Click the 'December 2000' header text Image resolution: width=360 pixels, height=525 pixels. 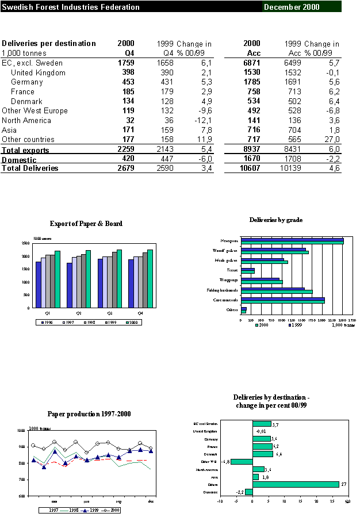[292, 7]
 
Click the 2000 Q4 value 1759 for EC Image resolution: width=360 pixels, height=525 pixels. [125, 63]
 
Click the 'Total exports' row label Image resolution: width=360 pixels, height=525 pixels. [25, 150]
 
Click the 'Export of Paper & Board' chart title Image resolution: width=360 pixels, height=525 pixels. [86, 224]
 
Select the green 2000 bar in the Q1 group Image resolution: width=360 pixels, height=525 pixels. [58, 279]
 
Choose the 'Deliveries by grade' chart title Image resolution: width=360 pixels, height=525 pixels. [276, 220]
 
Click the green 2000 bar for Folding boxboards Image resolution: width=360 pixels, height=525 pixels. [277, 292]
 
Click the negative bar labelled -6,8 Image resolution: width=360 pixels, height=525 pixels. [242, 462]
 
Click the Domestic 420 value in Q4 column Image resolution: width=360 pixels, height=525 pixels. [127, 159]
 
